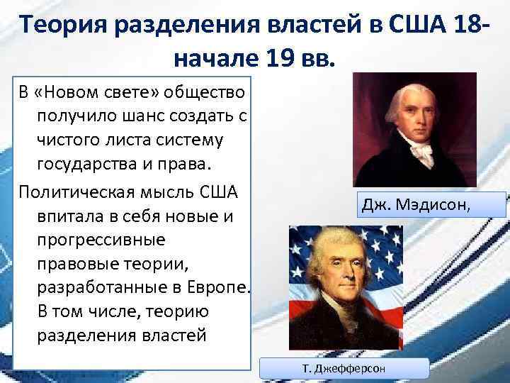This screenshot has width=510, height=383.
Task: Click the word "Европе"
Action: pyautogui.click(x=213, y=287)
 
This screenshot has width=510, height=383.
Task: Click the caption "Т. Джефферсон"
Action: pyautogui.click(x=344, y=369)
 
